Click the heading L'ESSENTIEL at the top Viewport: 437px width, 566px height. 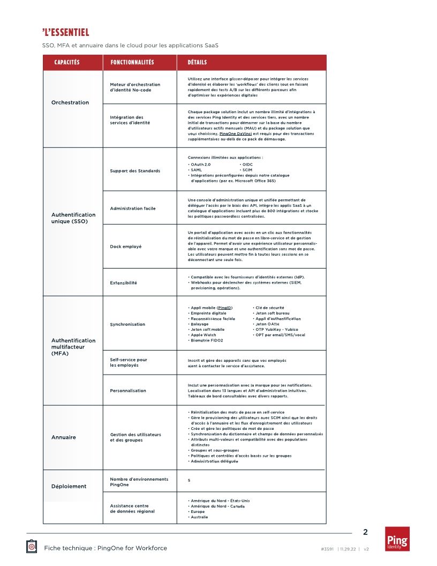(66, 33)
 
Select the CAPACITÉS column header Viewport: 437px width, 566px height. (67, 63)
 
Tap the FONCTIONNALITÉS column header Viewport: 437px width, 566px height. (132, 63)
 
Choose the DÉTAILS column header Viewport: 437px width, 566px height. (197, 63)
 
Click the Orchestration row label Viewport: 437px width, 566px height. (70, 102)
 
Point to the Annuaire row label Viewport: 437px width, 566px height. (64, 437)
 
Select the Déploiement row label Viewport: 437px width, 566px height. (69, 487)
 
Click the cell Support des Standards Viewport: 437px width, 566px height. (135, 171)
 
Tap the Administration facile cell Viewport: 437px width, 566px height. (133, 208)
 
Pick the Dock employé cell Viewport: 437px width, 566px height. (126, 247)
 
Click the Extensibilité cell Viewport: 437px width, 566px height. (124, 283)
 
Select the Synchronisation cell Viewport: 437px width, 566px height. (127, 324)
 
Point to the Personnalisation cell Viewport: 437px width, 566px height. (128, 391)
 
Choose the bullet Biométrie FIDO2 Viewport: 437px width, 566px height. (207, 340)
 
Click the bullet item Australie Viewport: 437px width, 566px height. (199, 517)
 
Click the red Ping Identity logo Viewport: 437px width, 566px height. (397, 539)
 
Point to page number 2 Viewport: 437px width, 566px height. (365, 532)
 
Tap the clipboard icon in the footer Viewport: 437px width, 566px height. (32, 546)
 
